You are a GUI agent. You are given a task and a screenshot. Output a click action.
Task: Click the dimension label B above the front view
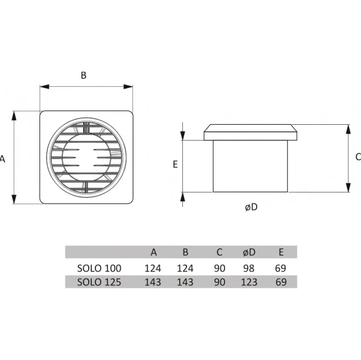pos(83,75)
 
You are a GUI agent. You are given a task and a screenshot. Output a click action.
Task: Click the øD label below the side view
pos(251,207)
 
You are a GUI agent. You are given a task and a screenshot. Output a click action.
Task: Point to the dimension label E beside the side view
pos(175,165)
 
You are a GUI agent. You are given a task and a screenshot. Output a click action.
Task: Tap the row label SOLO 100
pos(99,268)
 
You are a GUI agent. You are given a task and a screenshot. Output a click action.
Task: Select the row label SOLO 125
pos(99,282)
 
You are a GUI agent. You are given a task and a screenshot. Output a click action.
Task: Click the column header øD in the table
pos(249,252)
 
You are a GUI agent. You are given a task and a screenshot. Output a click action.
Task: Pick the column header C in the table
pos(219,252)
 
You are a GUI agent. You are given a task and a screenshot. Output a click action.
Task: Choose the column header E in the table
pos(281,252)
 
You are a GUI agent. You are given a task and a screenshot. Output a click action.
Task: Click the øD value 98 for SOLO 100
pos(249,268)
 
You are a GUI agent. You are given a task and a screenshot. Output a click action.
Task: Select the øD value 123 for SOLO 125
pos(249,282)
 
